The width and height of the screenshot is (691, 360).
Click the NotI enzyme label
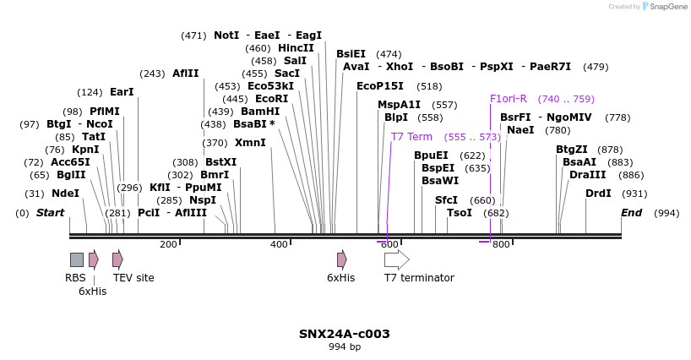pyautogui.click(x=226, y=35)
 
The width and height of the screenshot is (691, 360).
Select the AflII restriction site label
pyautogui.click(x=186, y=74)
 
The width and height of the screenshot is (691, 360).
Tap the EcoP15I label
pyautogui.click(x=380, y=86)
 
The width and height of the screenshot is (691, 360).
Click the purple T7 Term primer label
pyautogui.click(x=411, y=137)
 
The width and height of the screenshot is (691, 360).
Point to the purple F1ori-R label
pyautogui.click(x=509, y=99)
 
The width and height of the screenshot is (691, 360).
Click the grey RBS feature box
pyautogui.click(x=76, y=259)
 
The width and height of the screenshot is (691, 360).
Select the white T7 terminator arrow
pyautogui.click(x=396, y=259)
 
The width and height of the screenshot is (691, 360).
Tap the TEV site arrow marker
pyautogui.click(x=117, y=259)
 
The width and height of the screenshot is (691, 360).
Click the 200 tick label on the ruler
pyautogui.click(x=168, y=245)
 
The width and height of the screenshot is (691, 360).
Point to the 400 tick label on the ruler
pyautogui.click(x=280, y=245)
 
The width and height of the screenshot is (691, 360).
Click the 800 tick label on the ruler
pyautogui.click(x=501, y=245)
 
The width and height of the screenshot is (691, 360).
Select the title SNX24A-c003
pyautogui.click(x=345, y=334)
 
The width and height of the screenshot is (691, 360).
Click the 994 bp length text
pyautogui.click(x=345, y=347)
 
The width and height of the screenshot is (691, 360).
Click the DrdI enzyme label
pyautogui.click(x=598, y=194)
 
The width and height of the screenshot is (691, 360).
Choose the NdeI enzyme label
pyautogui.click(x=66, y=194)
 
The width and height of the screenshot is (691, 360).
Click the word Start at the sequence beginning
pyautogui.click(x=50, y=213)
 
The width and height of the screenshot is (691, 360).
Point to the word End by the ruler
pyautogui.click(x=632, y=213)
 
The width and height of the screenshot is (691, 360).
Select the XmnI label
pyautogui.click(x=250, y=143)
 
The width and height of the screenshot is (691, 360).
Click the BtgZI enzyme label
pyautogui.click(x=572, y=150)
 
